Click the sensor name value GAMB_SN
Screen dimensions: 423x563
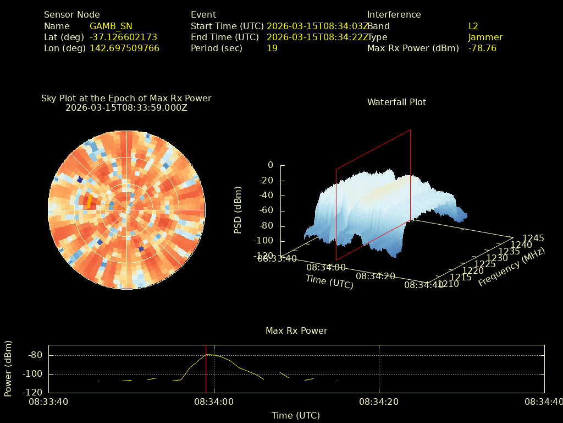tap(111, 26)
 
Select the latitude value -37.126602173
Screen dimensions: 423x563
tap(123, 37)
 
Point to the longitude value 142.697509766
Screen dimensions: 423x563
tap(124, 48)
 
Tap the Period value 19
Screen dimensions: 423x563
tap(272, 48)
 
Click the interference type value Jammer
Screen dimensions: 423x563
tap(485, 37)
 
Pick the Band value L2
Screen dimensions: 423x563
tap(473, 26)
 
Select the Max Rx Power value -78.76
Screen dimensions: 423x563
tap(482, 48)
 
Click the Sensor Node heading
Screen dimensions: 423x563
tap(72, 15)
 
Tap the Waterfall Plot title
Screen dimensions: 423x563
tap(396, 102)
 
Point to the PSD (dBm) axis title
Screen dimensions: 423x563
tap(238, 209)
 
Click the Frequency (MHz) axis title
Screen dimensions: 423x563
tap(511, 267)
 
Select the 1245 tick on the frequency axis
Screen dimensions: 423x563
tap(533, 238)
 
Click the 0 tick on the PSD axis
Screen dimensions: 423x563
tap(270, 165)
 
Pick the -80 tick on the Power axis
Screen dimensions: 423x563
tap(36, 355)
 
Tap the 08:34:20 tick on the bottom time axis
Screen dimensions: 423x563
tap(379, 402)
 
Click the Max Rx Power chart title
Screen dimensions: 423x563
tap(296, 331)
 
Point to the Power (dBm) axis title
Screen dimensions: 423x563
tap(8, 368)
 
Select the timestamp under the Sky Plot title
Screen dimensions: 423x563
tap(126, 108)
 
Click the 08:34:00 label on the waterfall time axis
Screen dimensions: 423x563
tap(326, 267)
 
